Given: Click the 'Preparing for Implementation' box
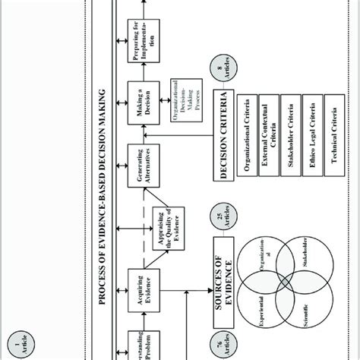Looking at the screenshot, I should coord(140,36).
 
